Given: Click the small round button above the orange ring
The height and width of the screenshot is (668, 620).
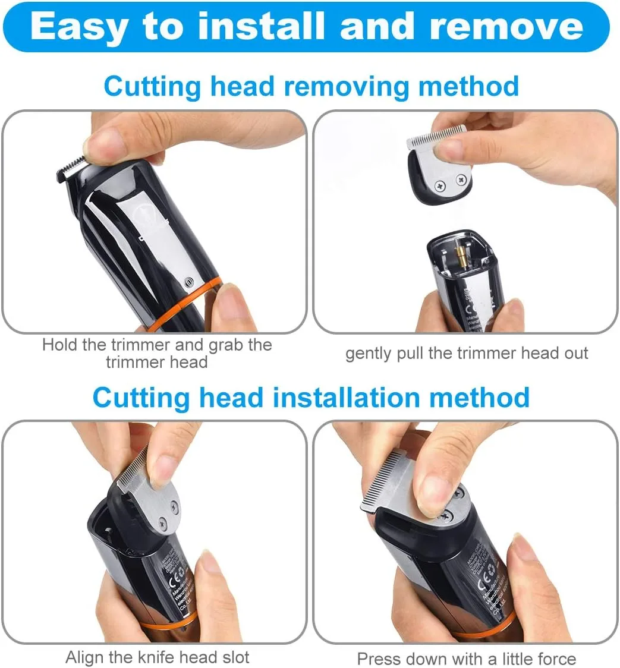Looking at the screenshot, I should pos(188,282).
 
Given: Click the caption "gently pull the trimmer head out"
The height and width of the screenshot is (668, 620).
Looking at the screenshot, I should pos(467,353).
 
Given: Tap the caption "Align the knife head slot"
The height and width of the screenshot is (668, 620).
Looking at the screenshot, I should pos(157,657).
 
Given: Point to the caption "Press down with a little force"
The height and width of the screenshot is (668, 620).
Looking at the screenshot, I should pos(466,658).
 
